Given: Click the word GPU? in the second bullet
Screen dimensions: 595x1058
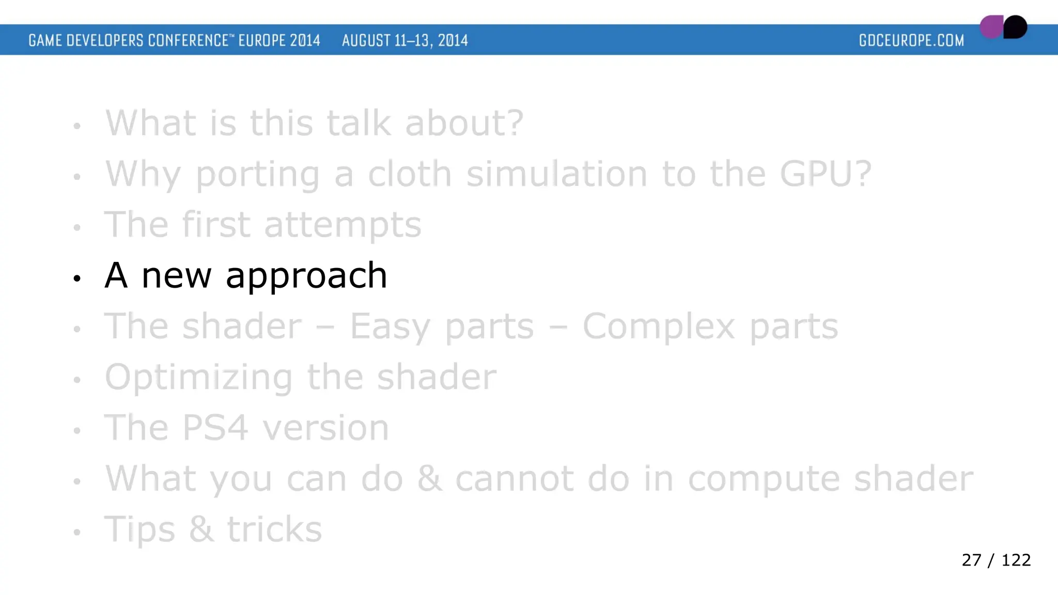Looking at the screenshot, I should pos(826,174).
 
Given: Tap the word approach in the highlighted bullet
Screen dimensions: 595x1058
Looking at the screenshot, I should pos(306,276).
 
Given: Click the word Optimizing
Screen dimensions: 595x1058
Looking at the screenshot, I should pos(198,378).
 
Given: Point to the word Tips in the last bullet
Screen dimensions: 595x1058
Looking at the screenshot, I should pos(139,530).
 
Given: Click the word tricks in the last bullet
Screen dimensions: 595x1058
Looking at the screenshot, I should pos(274,529).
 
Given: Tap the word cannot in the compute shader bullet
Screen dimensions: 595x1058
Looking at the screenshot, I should pos(514,479).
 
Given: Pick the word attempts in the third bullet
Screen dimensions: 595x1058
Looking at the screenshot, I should pos(343,226).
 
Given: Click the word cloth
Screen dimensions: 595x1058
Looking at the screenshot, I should pos(410,174).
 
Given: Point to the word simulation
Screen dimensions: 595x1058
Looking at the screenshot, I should pos(556,174).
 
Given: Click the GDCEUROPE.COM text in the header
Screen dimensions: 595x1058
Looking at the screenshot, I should pos(911,40).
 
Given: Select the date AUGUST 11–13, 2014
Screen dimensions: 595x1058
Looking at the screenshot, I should pos(405,40).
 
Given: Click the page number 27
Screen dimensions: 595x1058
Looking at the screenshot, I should pos(971,560).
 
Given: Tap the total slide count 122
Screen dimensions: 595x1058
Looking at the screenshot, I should pos(1016,560).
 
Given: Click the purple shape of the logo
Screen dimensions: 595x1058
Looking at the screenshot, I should pos(991,27).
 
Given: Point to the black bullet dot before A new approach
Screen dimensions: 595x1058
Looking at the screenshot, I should pos(77,279).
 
